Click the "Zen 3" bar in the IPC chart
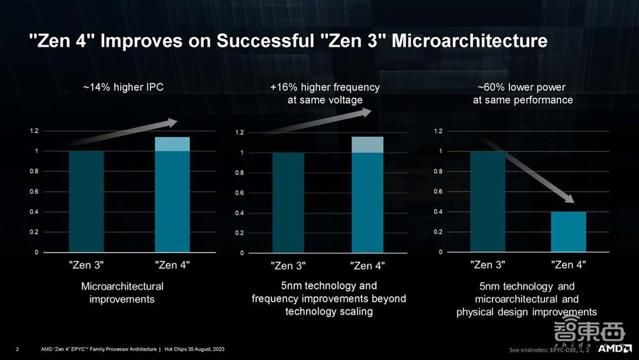(x=86, y=201)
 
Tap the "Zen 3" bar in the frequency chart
(x=288, y=203)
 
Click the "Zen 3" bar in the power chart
(x=488, y=201)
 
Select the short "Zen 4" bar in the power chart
(x=569, y=231)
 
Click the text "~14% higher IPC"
(x=123, y=87)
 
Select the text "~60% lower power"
(x=522, y=87)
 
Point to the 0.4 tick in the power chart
(x=438, y=212)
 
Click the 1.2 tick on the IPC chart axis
(x=34, y=131)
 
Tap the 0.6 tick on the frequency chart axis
(x=240, y=193)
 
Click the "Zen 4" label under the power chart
(x=569, y=264)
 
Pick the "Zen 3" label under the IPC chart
(x=86, y=265)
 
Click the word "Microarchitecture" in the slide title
(x=469, y=42)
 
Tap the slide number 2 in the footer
(x=17, y=349)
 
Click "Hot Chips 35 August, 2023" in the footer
(x=194, y=349)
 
